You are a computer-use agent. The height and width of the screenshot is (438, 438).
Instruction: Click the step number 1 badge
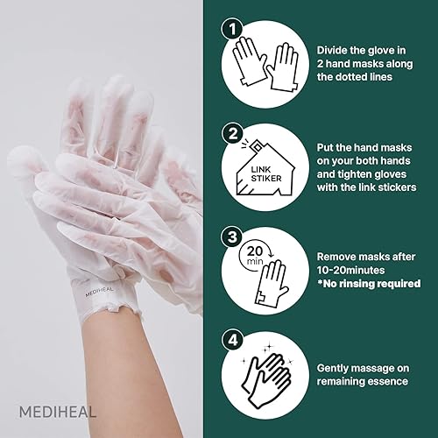[232, 30]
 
